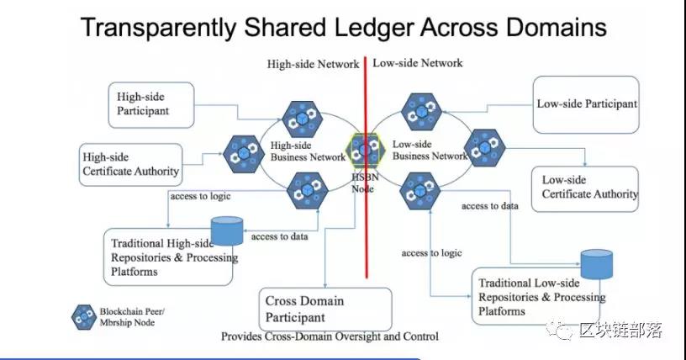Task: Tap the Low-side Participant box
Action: coord(586,104)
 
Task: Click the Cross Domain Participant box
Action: coord(325,309)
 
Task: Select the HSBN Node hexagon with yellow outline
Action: coord(366,151)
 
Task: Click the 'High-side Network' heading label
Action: coord(313,64)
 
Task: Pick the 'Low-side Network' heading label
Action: coord(417,63)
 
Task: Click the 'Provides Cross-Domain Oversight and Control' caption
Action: coord(330,336)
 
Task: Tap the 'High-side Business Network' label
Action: coord(308,151)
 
